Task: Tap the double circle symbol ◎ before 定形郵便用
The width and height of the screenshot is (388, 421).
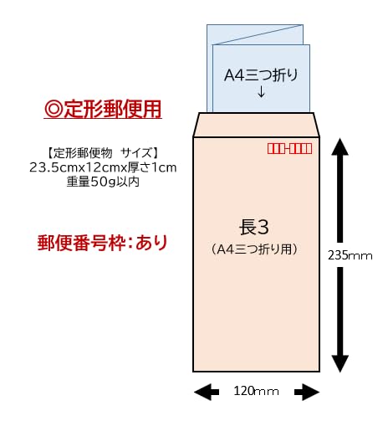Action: pos(54,109)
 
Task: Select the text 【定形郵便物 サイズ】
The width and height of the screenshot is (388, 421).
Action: pos(103,153)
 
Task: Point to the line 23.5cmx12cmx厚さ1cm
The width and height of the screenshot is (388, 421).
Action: pos(103,167)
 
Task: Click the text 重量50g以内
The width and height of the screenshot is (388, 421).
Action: pos(103,182)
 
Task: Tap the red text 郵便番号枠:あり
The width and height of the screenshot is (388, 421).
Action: pos(102,243)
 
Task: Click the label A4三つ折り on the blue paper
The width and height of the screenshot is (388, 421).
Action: pos(261,75)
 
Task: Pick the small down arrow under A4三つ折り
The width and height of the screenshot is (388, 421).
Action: pos(261,92)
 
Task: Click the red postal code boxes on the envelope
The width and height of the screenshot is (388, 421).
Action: pos(289,148)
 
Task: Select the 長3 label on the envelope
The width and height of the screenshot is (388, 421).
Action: pos(254,228)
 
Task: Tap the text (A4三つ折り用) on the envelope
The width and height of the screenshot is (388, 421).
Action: pos(254,249)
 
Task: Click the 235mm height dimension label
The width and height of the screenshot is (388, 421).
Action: pos(350,255)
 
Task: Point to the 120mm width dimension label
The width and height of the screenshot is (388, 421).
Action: pos(256,391)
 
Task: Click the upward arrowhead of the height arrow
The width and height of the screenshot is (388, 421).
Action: pos(340,147)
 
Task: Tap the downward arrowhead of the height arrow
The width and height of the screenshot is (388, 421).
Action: pos(340,364)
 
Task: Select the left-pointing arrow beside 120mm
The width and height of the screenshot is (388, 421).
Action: pos(207,392)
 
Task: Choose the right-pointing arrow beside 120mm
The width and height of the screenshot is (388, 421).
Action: pos(307,392)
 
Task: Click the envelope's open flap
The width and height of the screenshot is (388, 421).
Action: pos(256,125)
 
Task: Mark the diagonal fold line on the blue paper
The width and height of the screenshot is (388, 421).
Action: pos(258,35)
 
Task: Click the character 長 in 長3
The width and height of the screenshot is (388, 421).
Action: pos(247,228)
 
